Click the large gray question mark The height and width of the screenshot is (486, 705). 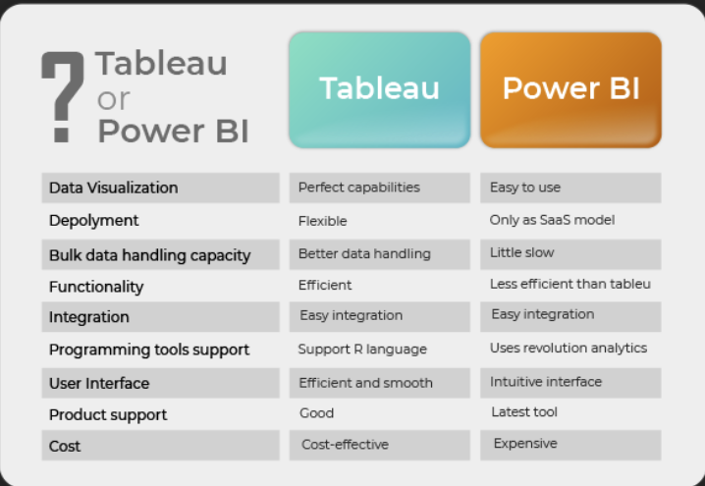pyautogui.click(x=62, y=95)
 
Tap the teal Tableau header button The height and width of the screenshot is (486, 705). pyautogui.click(x=379, y=89)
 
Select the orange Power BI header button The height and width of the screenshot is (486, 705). pyautogui.click(x=570, y=89)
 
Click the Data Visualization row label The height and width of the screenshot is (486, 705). pyautogui.click(x=114, y=188)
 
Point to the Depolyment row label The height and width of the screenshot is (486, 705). pyautogui.click(x=94, y=220)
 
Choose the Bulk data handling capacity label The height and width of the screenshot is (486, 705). pyautogui.click(x=149, y=255)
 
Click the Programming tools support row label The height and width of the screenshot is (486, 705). pyautogui.click(x=149, y=350)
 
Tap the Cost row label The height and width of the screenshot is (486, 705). pyautogui.click(x=65, y=446)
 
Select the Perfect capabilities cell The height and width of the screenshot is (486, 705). pyautogui.click(x=359, y=188)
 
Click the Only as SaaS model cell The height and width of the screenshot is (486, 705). pyautogui.click(x=552, y=220)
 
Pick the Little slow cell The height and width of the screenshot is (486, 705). pyautogui.click(x=522, y=252)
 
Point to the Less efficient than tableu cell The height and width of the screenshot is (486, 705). pyautogui.click(x=570, y=284)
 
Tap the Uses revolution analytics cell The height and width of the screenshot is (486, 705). pyautogui.click(x=569, y=348)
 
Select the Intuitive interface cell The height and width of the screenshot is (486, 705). pyautogui.click(x=547, y=381)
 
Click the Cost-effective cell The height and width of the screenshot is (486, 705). pyautogui.click(x=345, y=445)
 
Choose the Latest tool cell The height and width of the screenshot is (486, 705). pyautogui.click(x=524, y=412)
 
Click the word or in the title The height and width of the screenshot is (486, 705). pyautogui.click(x=114, y=98)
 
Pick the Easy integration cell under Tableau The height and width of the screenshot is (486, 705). pyautogui.click(x=352, y=315)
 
